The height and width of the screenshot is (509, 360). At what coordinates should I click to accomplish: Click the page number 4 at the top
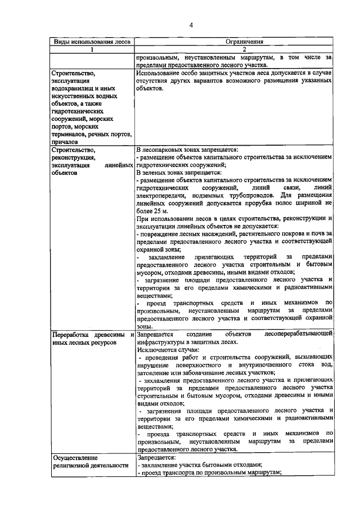click(x=191, y=25)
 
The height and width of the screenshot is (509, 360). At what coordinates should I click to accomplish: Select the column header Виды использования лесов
click(x=91, y=42)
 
